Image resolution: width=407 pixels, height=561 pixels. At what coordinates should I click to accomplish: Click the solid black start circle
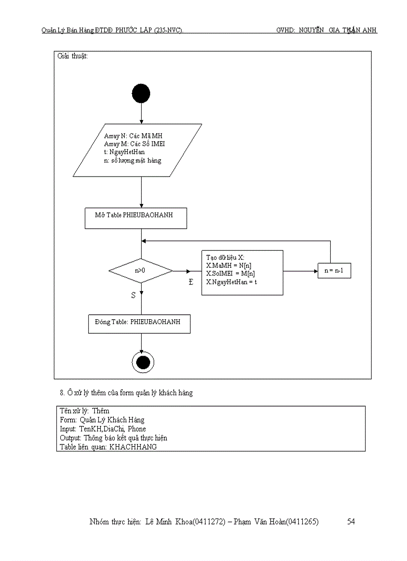141,93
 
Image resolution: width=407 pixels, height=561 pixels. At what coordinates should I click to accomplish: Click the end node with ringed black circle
143,362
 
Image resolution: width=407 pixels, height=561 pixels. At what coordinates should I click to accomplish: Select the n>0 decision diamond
141,271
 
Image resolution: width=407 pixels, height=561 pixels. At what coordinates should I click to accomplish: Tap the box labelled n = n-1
337,271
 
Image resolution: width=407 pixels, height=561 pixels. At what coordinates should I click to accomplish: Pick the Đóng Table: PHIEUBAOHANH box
139,323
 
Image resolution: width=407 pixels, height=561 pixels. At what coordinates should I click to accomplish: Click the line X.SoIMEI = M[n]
230,274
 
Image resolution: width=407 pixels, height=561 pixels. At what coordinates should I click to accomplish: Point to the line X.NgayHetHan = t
231,282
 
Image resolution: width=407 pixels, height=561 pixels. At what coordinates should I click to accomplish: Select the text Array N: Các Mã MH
133,135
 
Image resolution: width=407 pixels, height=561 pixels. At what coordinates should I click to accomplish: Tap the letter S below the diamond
133,295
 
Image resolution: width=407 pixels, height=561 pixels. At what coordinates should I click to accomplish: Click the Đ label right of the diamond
191,283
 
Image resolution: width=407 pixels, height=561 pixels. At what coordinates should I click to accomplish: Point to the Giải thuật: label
73,56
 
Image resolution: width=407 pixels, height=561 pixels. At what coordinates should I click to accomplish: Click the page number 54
351,522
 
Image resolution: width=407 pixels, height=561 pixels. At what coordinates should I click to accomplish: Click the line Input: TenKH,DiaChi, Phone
103,429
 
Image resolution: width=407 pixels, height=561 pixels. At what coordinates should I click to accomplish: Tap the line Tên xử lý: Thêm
84,411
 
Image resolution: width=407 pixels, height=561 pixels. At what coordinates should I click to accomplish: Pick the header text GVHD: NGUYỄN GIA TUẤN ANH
327,30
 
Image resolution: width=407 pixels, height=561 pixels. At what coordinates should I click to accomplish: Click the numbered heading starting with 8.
126,393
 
